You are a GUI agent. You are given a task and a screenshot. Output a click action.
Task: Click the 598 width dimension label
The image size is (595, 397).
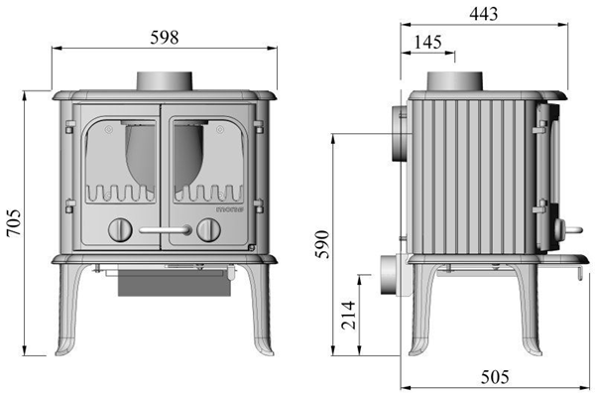[x=164, y=37]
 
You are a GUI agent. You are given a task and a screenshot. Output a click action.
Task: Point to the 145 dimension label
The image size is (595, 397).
[x=428, y=43]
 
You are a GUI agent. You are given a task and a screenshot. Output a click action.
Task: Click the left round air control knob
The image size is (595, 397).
[x=118, y=230]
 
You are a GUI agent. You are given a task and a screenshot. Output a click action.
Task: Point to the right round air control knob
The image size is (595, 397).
[x=207, y=230]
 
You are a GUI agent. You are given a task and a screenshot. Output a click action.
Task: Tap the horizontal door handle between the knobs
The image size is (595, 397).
[x=164, y=230]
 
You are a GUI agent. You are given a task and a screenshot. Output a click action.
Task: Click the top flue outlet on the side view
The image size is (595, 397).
[x=455, y=81]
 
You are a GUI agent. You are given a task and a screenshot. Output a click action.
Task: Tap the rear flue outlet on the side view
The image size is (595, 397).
[x=399, y=134]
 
